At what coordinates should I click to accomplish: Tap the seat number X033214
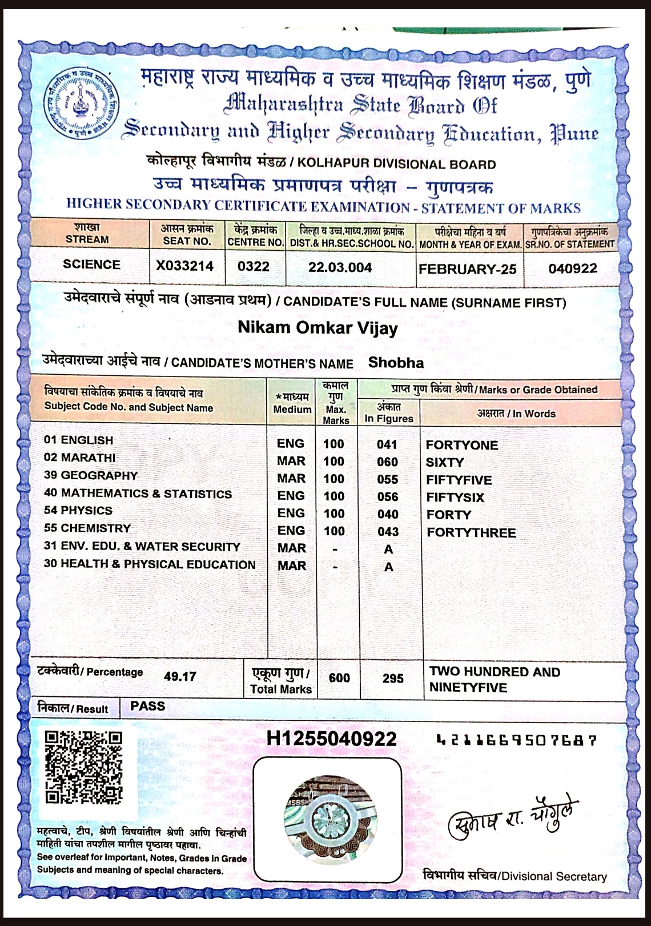(x=185, y=266)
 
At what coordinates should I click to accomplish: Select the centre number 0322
(x=254, y=266)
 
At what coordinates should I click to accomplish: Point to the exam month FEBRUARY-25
(x=467, y=269)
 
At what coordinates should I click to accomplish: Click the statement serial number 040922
(x=573, y=268)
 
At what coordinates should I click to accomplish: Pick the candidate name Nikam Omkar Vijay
(x=318, y=328)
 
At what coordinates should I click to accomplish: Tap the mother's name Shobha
(x=396, y=363)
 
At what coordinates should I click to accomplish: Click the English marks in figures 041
(x=387, y=444)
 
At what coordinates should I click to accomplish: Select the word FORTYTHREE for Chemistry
(x=471, y=532)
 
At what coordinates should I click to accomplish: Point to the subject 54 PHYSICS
(x=78, y=510)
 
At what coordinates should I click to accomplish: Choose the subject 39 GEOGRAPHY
(x=91, y=475)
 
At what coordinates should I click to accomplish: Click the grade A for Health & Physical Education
(x=388, y=567)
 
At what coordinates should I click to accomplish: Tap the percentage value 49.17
(x=180, y=676)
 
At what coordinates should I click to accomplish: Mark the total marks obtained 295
(x=393, y=678)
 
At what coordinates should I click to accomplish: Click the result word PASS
(x=147, y=706)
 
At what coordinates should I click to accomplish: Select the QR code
(x=83, y=768)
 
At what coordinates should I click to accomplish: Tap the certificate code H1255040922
(x=331, y=739)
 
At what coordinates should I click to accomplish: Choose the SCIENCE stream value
(x=91, y=264)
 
